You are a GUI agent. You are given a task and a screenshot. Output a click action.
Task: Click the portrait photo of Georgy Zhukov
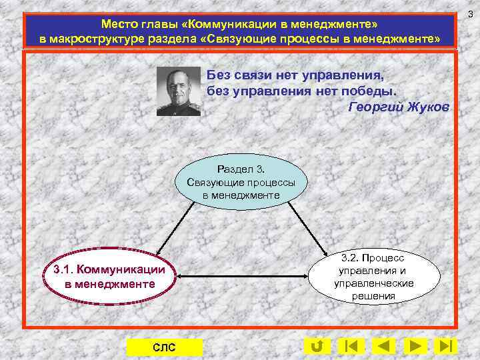[179, 91]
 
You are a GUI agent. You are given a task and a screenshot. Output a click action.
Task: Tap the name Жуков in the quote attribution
[429, 107]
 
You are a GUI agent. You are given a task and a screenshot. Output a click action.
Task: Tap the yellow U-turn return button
[317, 346]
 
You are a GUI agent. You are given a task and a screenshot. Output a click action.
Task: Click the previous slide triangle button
[383, 346]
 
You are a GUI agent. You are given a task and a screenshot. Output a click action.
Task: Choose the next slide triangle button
[415, 346]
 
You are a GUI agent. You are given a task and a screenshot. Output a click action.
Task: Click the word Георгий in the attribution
[373, 107]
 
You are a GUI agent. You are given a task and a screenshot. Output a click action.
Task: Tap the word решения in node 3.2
[375, 295]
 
